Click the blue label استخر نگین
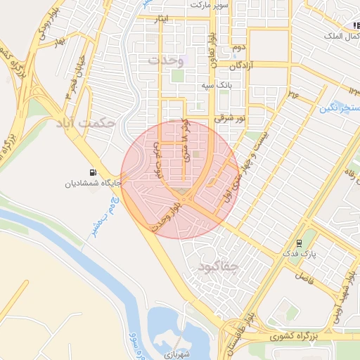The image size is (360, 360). coord(339,108)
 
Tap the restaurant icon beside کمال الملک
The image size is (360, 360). coord(356,26)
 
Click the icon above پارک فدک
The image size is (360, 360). coord(300,243)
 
